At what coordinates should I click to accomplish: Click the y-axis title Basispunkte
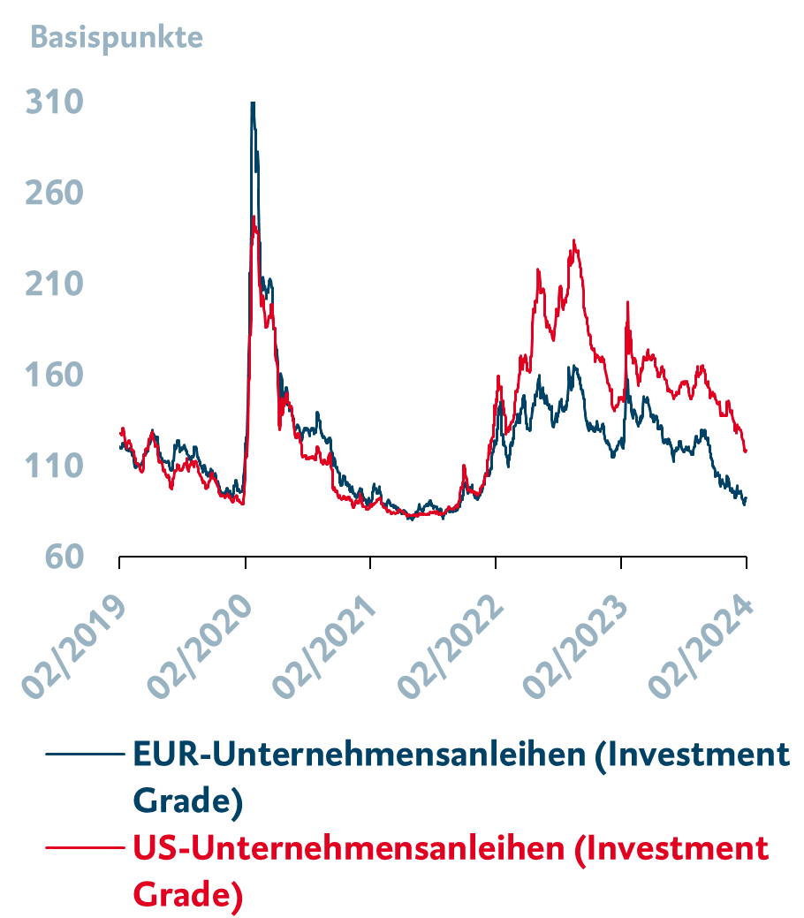tap(117, 39)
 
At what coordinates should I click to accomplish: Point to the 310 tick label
tap(55, 102)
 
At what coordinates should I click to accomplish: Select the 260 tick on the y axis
tap(55, 193)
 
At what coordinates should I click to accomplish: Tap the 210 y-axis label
tap(55, 285)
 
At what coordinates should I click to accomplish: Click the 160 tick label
tap(55, 376)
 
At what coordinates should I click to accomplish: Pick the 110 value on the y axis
tap(55, 467)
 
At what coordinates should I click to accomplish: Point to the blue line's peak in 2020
tap(253, 103)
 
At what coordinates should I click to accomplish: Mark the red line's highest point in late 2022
tap(574, 240)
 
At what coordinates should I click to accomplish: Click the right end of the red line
tap(747, 451)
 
